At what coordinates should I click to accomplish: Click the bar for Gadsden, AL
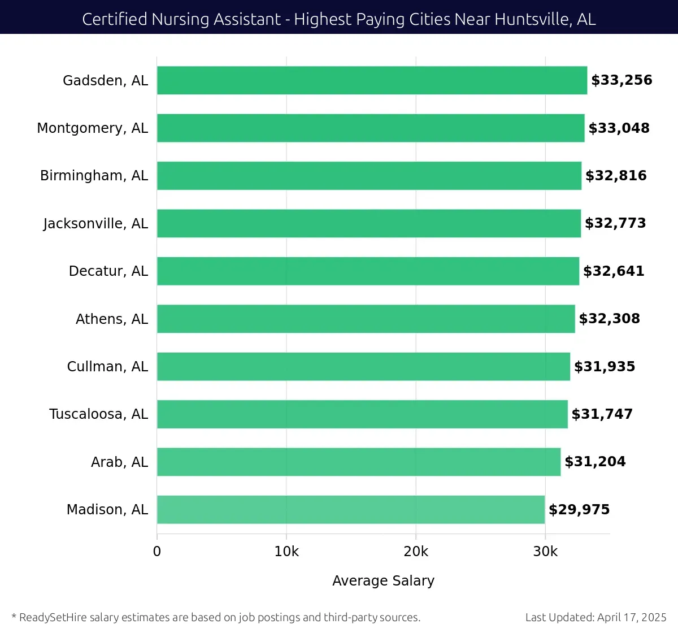pyautogui.click(x=372, y=80)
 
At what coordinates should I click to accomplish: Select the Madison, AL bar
pyautogui.click(x=350, y=509)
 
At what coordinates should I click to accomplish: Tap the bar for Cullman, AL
pyautogui.click(x=363, y=366)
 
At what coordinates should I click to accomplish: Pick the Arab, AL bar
pyautogui.click(x=359, y=462)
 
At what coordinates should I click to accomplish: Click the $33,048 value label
pyautogui.click(x=619, y=128)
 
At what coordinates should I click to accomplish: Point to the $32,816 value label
pyautogui.click(x=616, y=176)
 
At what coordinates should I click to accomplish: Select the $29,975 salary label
pyautogui.click(x=579, y=510)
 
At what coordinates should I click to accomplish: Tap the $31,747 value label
pyautogui.click(x=602, y=414)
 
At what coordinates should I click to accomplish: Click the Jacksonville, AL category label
pyautogui.click(x=95, y=224)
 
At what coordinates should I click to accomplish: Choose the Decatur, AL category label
pyautogui.click(x=108, y=271)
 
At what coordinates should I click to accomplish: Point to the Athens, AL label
pyautogui.click(x=111, y=319)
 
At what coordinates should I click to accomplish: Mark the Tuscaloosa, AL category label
pyautogui.click(x=98, y=414)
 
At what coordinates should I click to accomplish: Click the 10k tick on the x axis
pyautogui.click(x=286, y=552)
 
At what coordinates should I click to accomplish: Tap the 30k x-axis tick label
pyautogui.click(x=545, y=552)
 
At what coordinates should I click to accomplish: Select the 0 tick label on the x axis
pyautogui.click(x=157, y=552)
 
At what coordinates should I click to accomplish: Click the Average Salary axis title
pyautogui.click(x=383, y=581)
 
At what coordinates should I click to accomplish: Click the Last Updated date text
pyautogui.click(x=596, y=617)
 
